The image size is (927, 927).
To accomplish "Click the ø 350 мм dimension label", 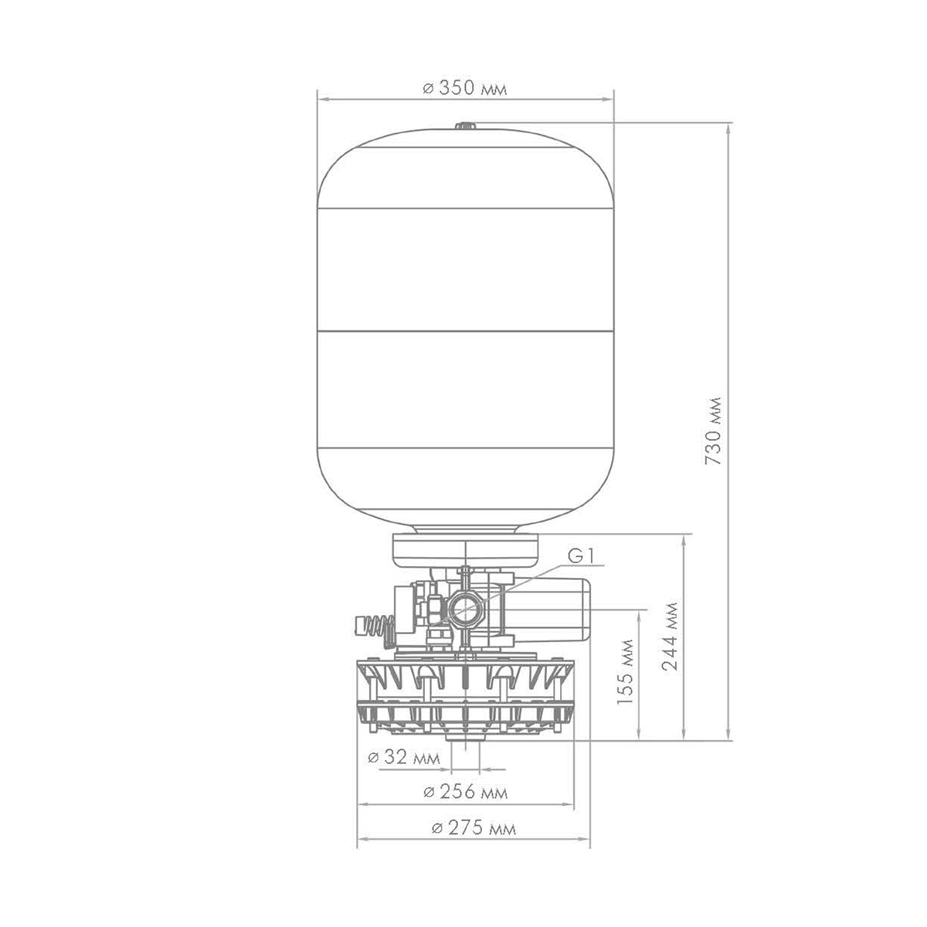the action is tap(464, 89).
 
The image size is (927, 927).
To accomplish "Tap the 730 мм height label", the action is tap(713, 430).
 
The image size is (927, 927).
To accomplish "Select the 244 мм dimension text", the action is tap(670, 636).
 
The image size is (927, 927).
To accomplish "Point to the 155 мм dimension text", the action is tap(625, 671).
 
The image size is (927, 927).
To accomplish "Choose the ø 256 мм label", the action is tap(465, 791).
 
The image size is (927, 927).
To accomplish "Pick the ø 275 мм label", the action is tap(474, 828).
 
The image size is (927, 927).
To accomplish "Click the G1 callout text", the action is tap(582, 556).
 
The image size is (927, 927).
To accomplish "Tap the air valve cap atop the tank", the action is tap(465, 126).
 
